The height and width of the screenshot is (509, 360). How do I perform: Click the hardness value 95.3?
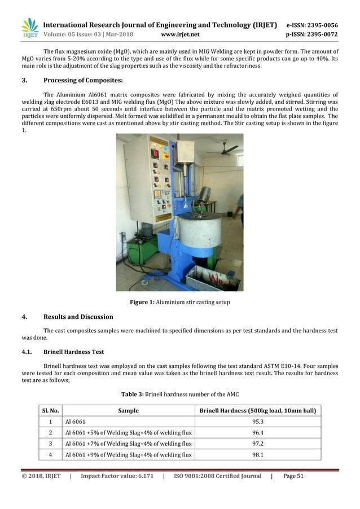[258, 422]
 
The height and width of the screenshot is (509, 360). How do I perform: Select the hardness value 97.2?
[258, 444]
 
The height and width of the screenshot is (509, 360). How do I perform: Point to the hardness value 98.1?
[258, 454]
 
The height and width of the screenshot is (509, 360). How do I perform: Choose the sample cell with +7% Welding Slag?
[129, 444]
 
